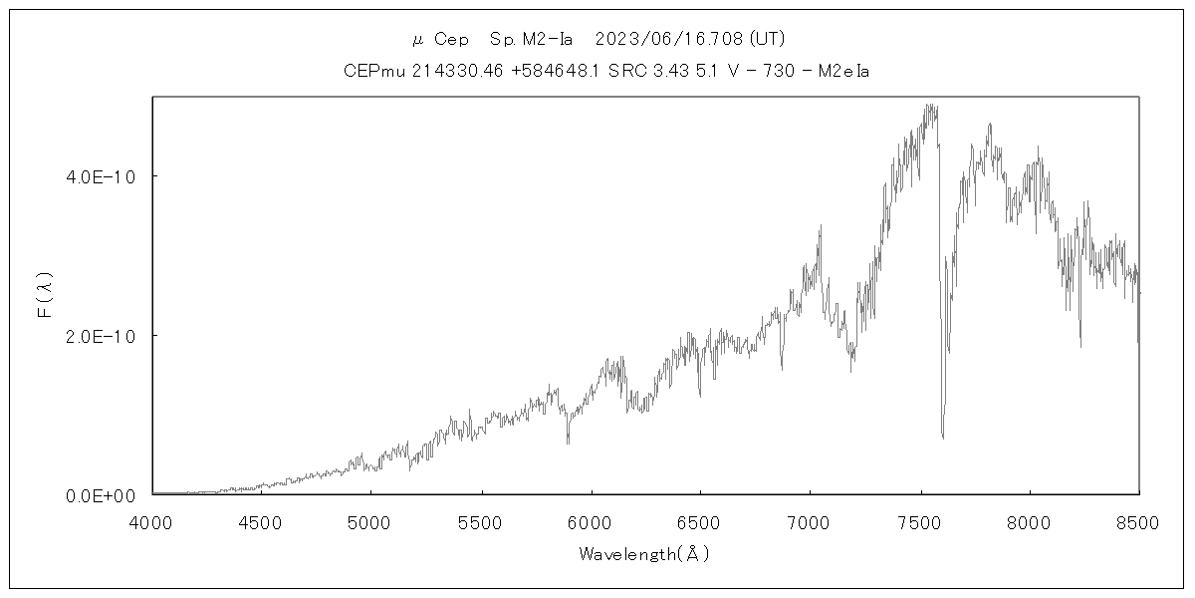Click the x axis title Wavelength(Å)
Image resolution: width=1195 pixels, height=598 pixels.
[x=644, y=554]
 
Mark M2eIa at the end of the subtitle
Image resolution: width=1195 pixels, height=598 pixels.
[x=844, y=72]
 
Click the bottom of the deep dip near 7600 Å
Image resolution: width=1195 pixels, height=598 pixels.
[x=942, y=437]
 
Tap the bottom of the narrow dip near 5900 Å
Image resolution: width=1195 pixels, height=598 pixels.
[x=568, y=443]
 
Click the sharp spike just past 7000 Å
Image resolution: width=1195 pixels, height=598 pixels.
[x=820, y=226]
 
